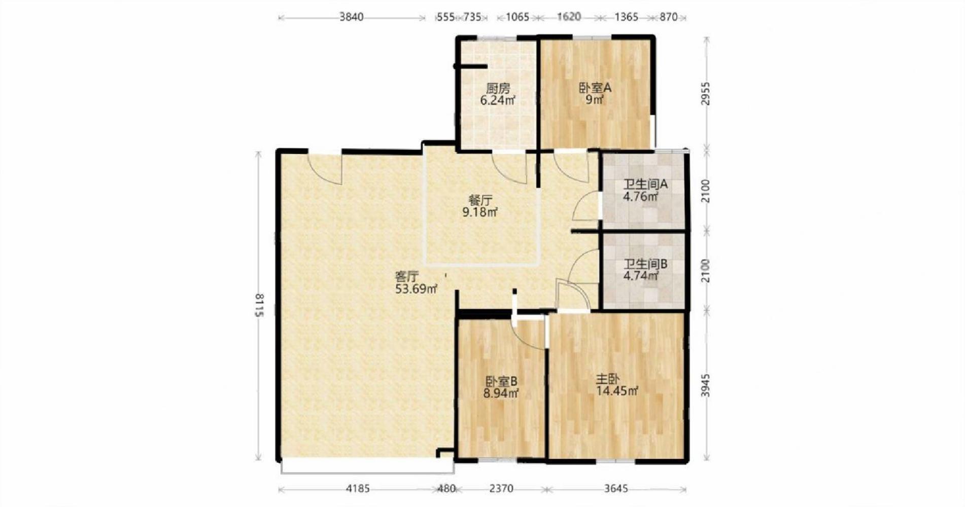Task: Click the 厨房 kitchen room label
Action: click(498, 88)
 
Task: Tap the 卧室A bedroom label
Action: click(595, 88)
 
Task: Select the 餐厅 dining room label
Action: click(480, 200)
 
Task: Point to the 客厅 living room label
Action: click(407, 277)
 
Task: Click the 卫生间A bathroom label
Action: click(645, 185)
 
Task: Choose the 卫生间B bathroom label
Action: click(645, 264)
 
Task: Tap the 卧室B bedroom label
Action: click(501, 381)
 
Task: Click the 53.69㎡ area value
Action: click(416, 289)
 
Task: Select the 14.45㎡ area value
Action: click(617, 391)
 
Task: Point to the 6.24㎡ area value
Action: click(498, 100)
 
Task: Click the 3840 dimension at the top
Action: click(351, 17)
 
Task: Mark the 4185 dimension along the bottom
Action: click(358, 489)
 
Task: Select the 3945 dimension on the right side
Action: click(706, 386)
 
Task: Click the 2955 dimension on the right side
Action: click(706, 93)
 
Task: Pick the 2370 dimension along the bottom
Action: click(501, 489)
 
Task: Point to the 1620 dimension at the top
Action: click(569, 17)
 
